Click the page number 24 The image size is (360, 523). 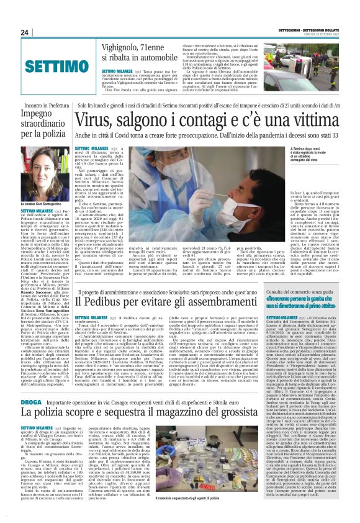[x=25, y=32]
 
